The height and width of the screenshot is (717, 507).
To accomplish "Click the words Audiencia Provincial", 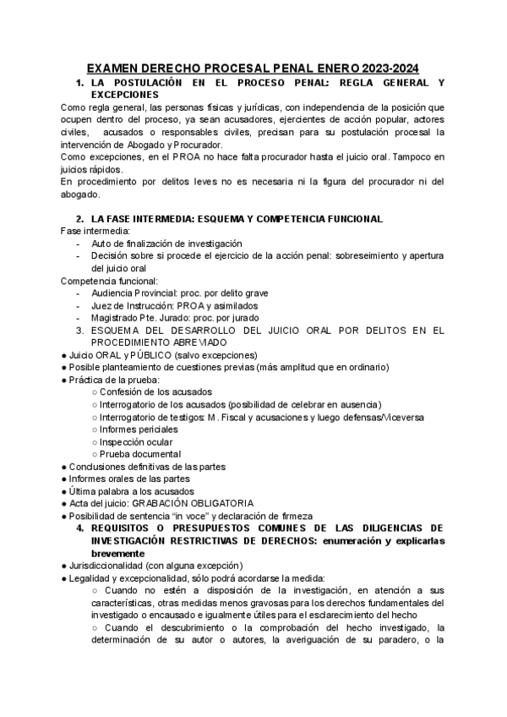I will (130, 293).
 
